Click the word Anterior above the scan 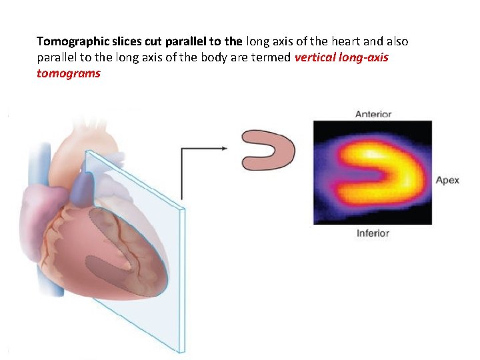[x=373, y=114]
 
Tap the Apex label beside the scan [x=447, y=180]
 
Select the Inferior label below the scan [x=373, y=233]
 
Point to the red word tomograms [x=69, y=73]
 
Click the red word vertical [x=313, y=57]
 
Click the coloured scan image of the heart [x=373, y=173]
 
